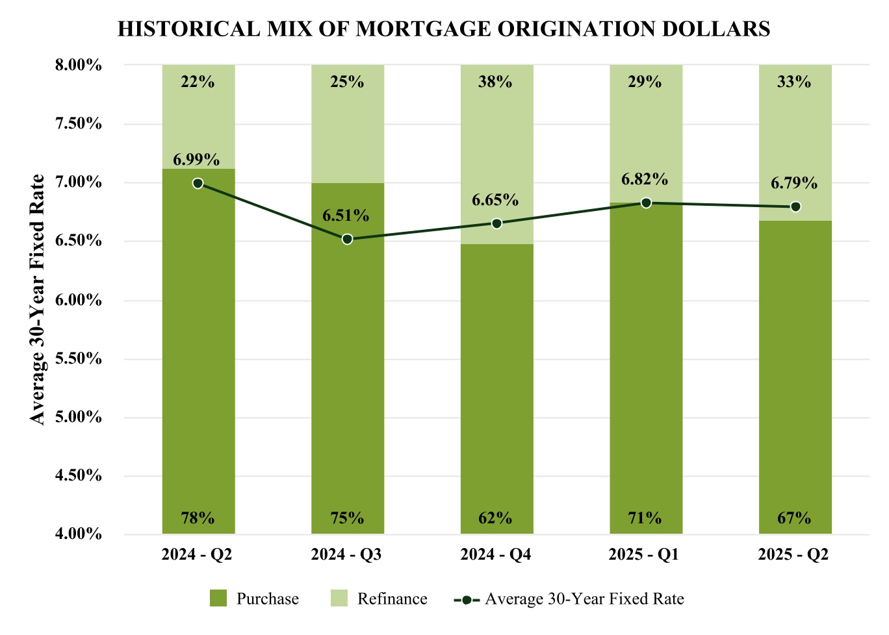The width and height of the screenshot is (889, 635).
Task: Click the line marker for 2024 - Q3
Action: [347, 239]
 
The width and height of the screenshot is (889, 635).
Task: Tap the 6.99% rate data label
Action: [196, 160]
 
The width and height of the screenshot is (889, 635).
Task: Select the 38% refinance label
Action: [496, 82]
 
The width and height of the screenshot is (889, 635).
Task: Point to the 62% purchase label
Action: [496, 518]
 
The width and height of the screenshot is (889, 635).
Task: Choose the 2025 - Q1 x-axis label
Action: [644, 554]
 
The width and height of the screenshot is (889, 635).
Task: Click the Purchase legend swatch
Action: [218, 598]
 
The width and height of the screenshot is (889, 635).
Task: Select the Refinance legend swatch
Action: [339, 598]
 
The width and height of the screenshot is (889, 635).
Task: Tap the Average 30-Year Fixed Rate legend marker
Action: [467, 599]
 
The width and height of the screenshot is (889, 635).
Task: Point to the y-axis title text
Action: [38, 299]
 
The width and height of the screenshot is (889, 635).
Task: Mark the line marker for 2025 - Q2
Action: [795, 206]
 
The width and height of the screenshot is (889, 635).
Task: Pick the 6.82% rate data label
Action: [644, 179]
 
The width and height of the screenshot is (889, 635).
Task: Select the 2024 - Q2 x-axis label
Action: [197, 554]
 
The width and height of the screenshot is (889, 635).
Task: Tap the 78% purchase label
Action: [198, 518]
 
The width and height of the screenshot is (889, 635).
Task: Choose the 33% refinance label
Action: [794, 82]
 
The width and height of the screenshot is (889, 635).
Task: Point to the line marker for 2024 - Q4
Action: [496, 223]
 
